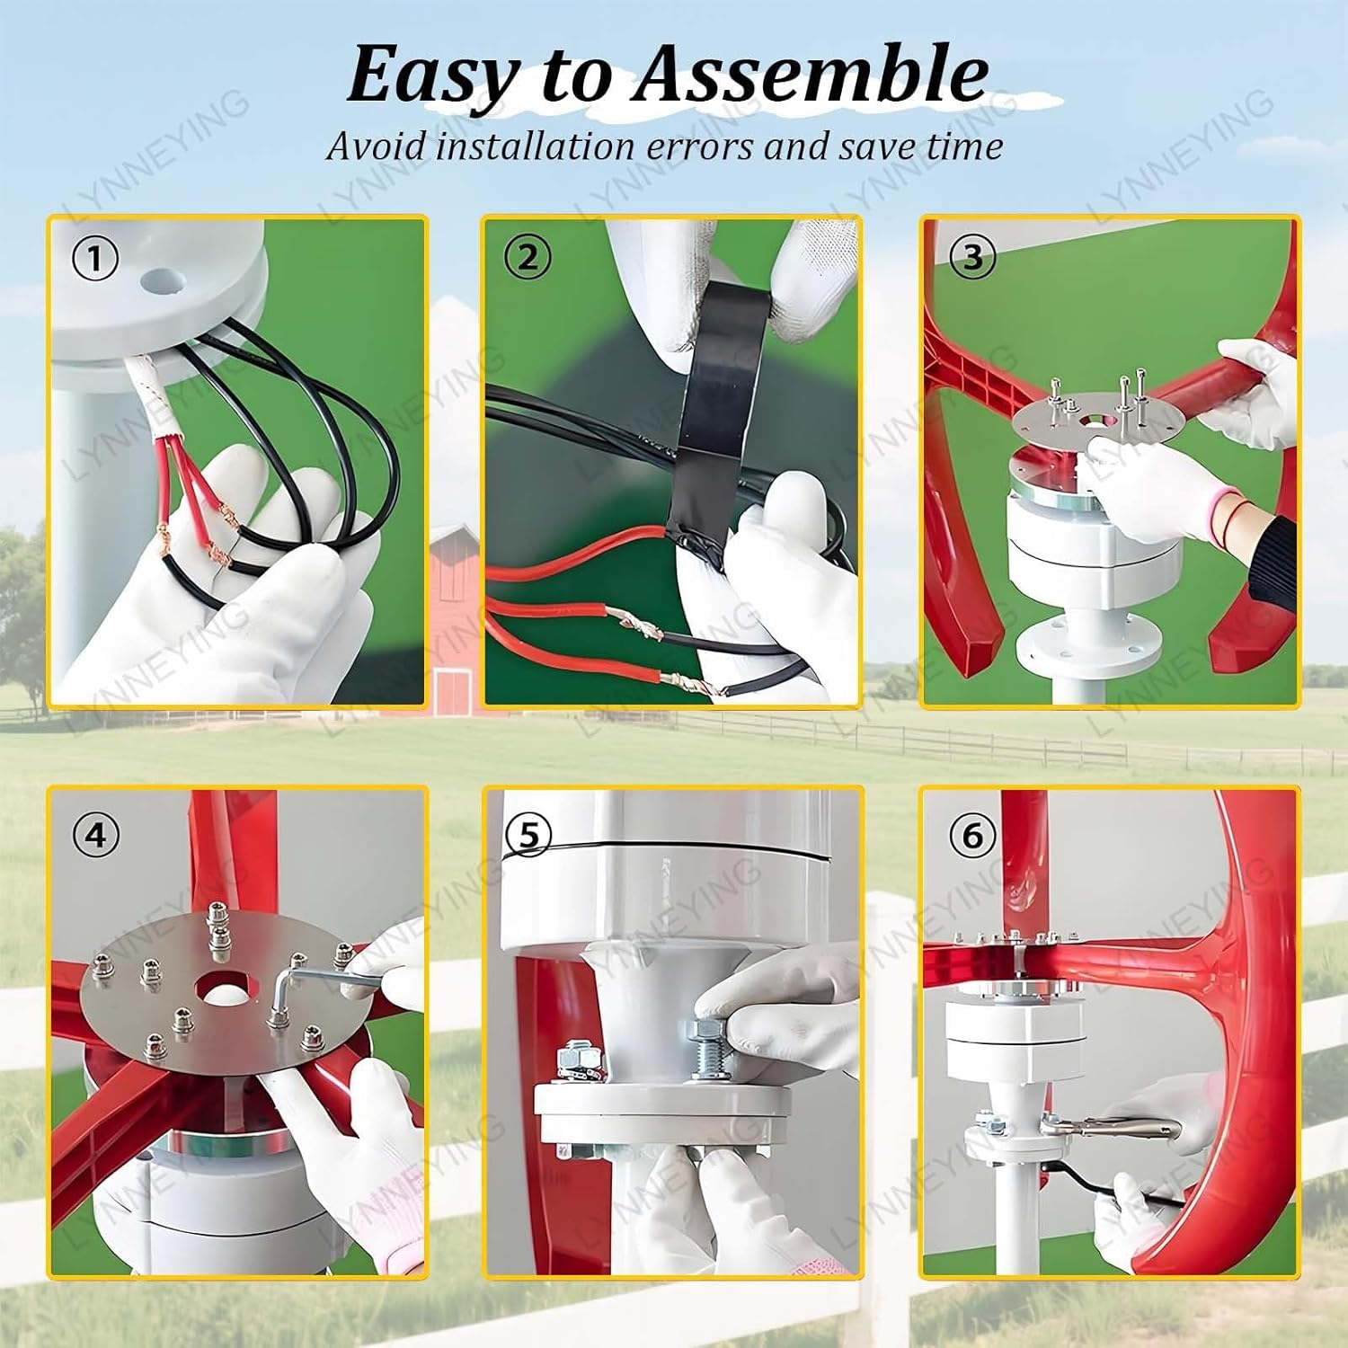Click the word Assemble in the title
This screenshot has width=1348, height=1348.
(x=811, y=74)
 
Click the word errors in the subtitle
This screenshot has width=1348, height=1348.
(x=702, y=146)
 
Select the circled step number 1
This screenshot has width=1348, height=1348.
(x=94, y=260)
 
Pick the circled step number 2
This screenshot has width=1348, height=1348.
(x=528, y=258)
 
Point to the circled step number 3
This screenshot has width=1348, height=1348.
(x=972, y=257)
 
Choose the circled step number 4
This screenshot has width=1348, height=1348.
(x=95, y=836)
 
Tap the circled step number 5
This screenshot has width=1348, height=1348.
(x=528, y=836)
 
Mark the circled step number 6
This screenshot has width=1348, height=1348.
(x=972, y=836)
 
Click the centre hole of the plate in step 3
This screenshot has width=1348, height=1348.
(x=1096, y=420)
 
